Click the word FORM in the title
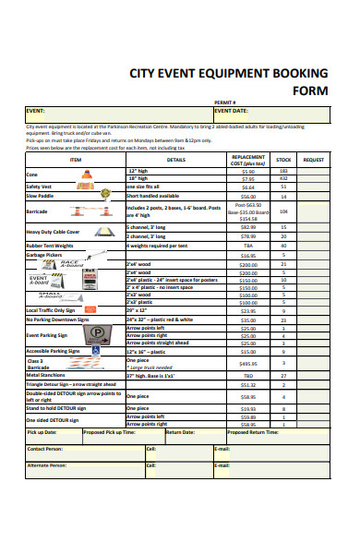click(x=310, y=90)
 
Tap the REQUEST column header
click(x=313, y=159)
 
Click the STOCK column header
click(x=283, y=159)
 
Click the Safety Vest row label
click(x=39, y=187)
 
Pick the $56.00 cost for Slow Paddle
click(x=247, y=196)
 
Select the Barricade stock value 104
click(x=283, y=211)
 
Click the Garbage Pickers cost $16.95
click(x=247, y=254)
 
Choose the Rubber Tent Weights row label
click(x=50, y=246)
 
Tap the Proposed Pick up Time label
click(x=110, y=432)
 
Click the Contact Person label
click(x=46, y=449)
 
